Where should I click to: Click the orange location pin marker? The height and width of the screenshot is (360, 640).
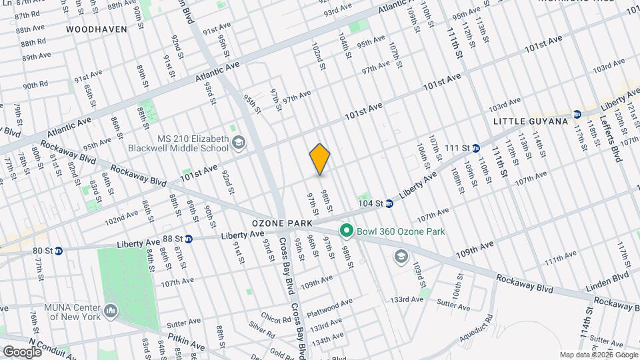pyautogui.click(x=320, y=159)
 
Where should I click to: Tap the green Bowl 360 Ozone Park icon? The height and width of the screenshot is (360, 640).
pyautogui.click(x=346, y=231)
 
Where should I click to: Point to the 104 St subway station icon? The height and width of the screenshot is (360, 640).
pyautogui.click(x=389, y=203)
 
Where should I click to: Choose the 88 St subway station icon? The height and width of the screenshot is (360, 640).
pyautogui.click(x=189, y=238)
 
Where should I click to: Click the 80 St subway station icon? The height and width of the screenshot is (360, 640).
pyautogui.click(x=59, y=251)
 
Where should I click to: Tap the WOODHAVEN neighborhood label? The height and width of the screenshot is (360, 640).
pyautogui.click(x=92, y=29)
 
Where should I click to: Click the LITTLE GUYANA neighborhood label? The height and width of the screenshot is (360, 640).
pyautogui.click(x=530, y=121)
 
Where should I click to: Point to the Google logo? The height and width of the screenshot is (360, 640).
pyautogui.click(x=22, y=351)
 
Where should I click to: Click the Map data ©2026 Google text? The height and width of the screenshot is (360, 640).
pyautogui.click(x=597, y=355)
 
